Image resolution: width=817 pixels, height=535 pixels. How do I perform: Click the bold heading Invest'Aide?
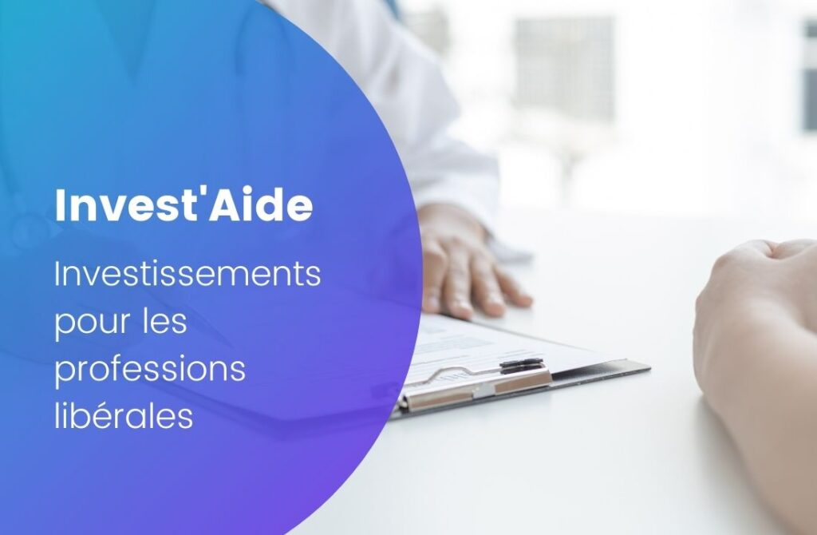point(184,205)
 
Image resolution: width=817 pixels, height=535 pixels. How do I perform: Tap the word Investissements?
point(187,274)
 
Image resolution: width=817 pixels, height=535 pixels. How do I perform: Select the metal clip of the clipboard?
point(477,387)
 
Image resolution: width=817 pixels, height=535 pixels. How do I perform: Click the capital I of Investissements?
point(57,274)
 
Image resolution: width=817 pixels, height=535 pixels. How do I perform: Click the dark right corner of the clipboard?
point(638,368)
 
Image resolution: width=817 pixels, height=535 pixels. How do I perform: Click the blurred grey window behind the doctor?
point(564,69)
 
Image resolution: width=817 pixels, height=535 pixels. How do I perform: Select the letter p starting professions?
point(63,374)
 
